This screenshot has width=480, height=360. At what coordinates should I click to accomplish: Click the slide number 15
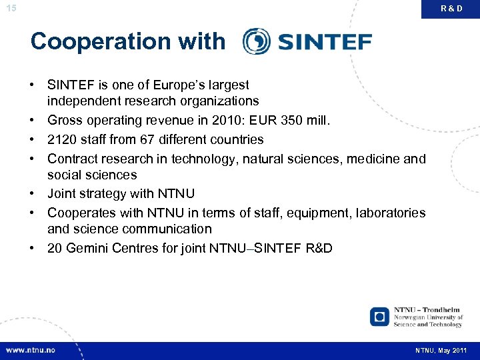[x=10, y=8]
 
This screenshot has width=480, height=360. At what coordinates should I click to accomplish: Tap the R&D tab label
[x=451, y=9]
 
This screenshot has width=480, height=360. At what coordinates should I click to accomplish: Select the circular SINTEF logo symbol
[x=256, y=41]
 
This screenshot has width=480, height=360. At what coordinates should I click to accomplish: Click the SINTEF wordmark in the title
[x=324, y=42]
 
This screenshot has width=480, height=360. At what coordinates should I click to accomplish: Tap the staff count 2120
[x=63, y=139]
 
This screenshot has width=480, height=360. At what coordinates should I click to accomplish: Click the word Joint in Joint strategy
[x=62, y=193]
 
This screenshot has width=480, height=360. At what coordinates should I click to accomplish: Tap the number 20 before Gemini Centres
[x=55, y=249]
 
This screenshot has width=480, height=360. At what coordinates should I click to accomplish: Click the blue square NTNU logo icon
[x=380, y=316]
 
